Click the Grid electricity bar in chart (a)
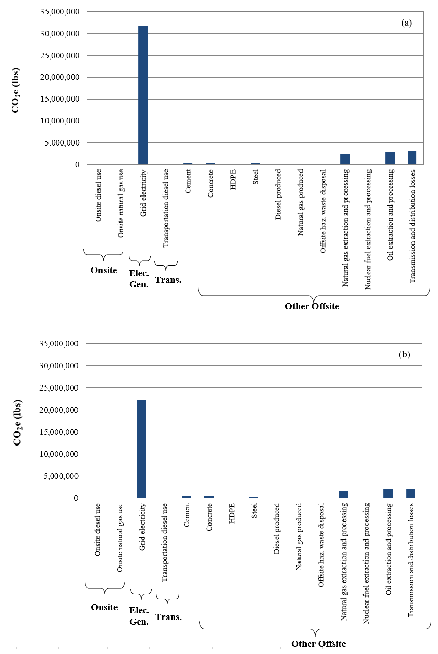[x=143, y=95]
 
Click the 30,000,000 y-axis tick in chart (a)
[x=60, y=34]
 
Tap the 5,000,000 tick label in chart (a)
[x=62, y=143]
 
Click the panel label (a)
[x=406, y=23]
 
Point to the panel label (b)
[x=404, y=354]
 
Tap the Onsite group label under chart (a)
[x=104, y=270]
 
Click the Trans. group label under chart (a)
[x=168, y=280]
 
